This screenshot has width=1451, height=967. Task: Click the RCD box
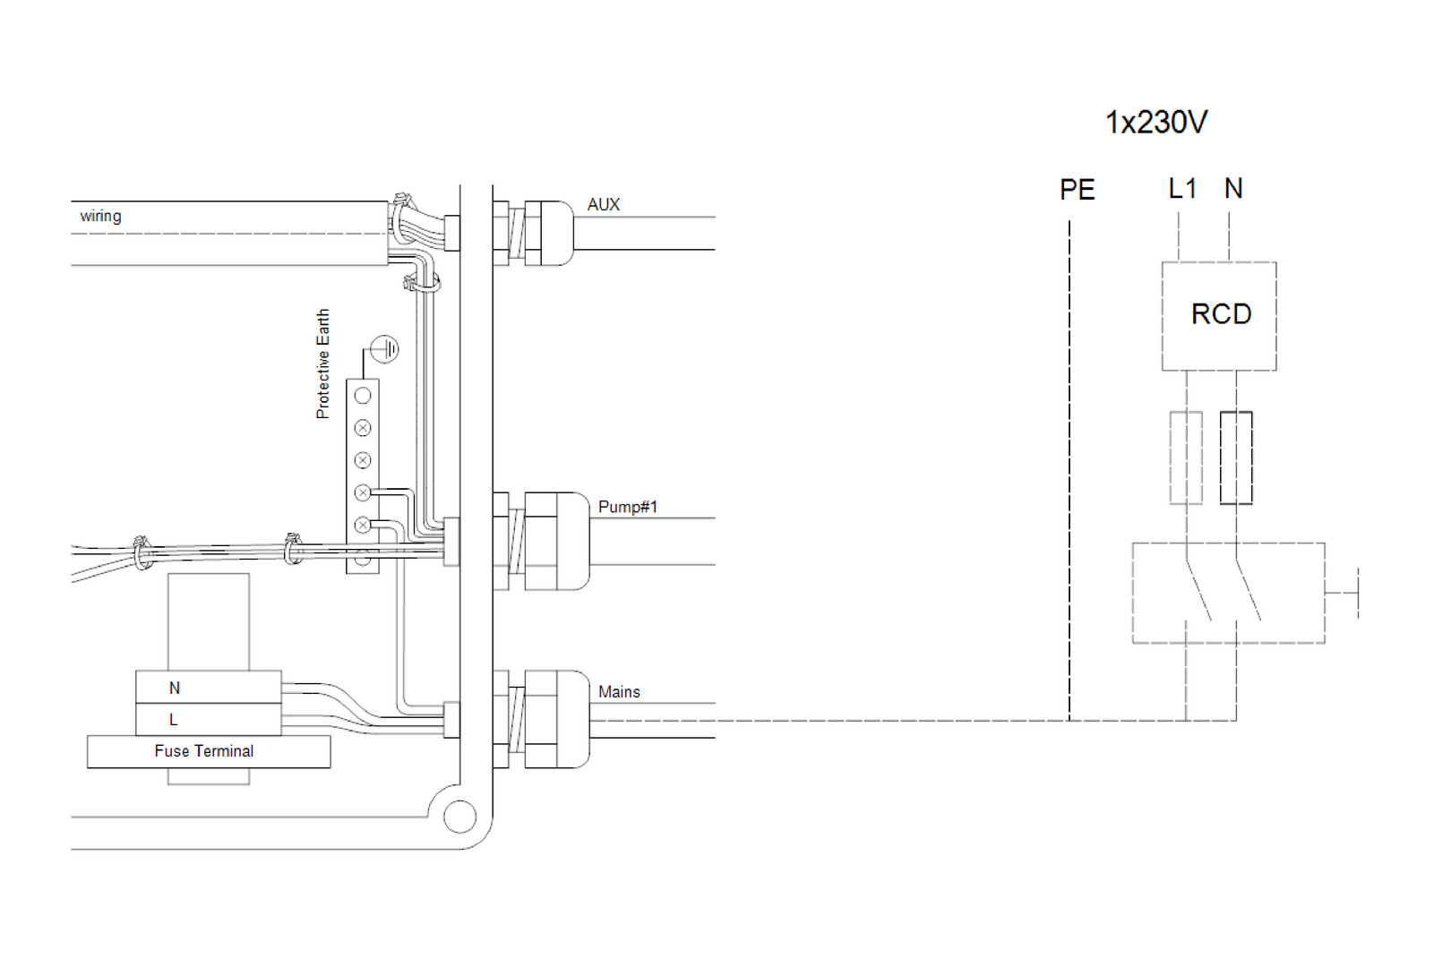click(1218, 315)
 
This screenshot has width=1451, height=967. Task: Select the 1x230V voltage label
click(1155, 122)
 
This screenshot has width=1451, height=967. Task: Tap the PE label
click(1077, 190)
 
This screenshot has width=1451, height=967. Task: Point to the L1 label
click(1182, 189)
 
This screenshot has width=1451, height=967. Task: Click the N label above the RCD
click(1233, 189)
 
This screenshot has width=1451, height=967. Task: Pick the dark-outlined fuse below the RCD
click(1236, 458)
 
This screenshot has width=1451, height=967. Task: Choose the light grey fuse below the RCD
click(1186, 458)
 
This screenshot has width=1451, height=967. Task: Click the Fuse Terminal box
click(208, 751)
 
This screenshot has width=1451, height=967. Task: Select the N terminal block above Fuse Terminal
click(208, 688)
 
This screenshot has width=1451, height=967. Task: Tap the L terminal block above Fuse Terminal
click(208, 719)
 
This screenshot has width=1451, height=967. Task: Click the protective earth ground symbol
click(384, 349)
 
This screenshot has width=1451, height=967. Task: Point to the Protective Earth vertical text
click(322, 364)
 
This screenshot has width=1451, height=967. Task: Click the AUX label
click(603, 204)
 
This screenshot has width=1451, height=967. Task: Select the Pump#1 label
click(627, 507)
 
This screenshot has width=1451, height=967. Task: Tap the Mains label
click(619, 692)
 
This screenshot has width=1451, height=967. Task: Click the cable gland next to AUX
click(540, 233)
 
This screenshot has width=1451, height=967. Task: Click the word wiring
click(100, 216)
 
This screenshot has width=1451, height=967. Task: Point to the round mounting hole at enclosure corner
click(459, 817)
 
